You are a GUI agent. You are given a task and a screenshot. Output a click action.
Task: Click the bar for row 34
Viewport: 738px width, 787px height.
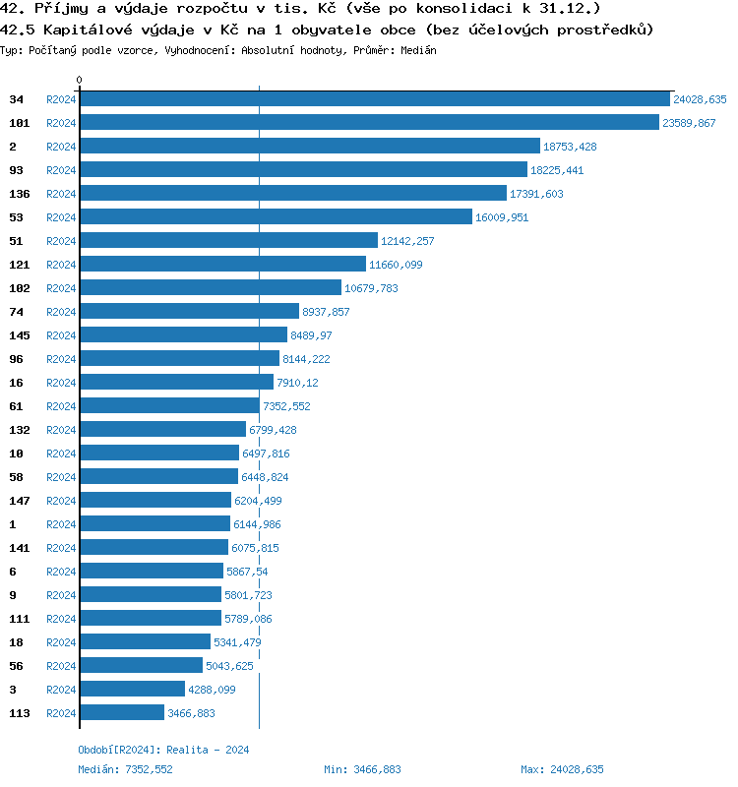click(x=374, y=99)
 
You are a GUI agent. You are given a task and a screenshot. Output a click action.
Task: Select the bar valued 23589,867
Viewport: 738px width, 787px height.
click(x=369, y=123)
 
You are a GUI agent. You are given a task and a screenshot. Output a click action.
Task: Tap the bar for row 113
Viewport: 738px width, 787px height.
click(x=121, y=713)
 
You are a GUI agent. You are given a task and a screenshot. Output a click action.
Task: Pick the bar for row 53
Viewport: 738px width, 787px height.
click(x=276, y=217)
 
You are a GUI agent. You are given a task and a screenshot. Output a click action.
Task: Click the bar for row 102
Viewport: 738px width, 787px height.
click(x=210, y=288)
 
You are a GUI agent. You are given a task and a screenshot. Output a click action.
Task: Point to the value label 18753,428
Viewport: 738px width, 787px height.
click(x=570, y=147)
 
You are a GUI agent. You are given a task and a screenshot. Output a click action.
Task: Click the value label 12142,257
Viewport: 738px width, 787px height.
click(x=407, y=241)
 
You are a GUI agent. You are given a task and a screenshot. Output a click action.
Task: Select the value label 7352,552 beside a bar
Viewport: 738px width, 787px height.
click(x=287, y=406)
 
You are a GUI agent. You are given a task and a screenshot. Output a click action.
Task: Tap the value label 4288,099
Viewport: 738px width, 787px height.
click(x=212, y=690)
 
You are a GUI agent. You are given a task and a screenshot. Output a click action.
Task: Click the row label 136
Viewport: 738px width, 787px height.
click(x=20, y=194)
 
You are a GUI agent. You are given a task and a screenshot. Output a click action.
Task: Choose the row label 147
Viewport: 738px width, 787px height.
click(x=20, y=501)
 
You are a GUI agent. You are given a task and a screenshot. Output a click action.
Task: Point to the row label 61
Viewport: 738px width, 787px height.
click(x=16, y=406)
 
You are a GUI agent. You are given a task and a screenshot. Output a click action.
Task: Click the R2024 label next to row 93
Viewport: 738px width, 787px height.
click(x=61, y=170)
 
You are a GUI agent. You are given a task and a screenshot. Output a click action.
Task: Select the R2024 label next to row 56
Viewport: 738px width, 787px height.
click(x=61, y=666)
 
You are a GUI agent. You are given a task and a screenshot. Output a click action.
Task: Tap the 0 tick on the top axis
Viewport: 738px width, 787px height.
click(x=80, y=80)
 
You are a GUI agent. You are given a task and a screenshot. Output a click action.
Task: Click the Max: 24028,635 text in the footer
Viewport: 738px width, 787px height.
click(x=562, y=769)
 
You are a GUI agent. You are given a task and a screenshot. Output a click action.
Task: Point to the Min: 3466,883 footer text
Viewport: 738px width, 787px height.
click(x=361, y=769)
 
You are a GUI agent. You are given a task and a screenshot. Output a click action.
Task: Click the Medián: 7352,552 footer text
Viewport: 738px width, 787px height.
click(x=125, y=769)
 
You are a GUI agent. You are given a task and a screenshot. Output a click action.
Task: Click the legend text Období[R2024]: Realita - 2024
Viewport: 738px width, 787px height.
click(x=163, y=750)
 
